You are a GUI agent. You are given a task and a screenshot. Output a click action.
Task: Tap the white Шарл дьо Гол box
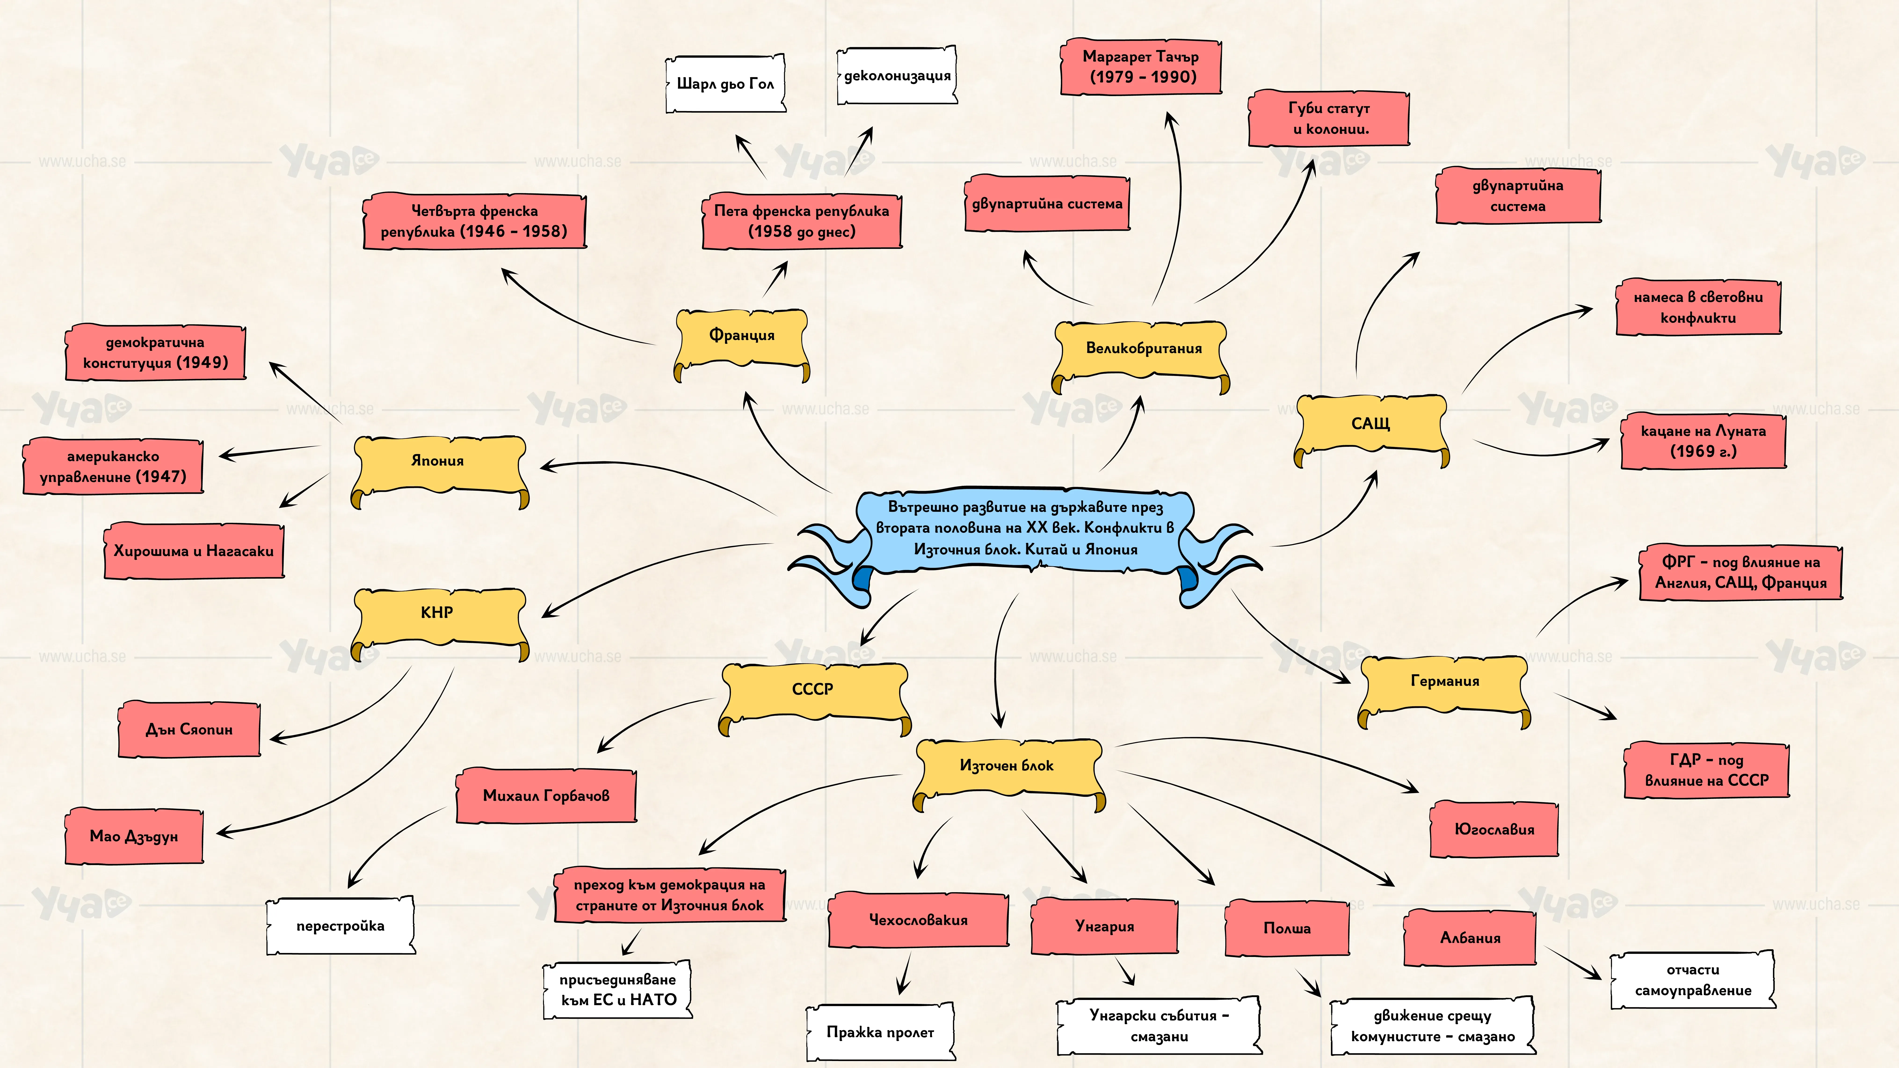click(x=725, y=83)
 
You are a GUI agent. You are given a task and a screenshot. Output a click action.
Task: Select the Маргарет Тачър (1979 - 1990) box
click(x=1141, y=66)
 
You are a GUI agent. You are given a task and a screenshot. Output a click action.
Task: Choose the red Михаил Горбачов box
click(x=546, y=795)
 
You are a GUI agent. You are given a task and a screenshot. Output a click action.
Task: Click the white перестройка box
click(x=341, y=926)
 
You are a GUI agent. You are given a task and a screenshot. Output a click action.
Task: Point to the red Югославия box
click(x=1494, y=830)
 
